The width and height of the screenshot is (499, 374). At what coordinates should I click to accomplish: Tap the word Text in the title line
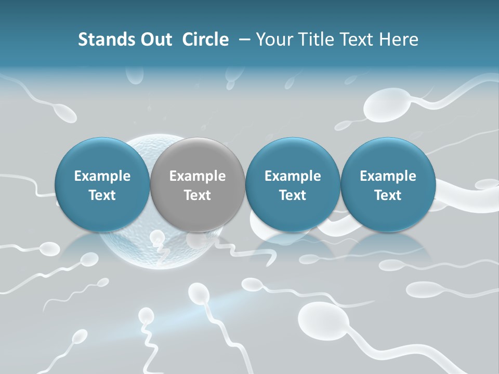358,39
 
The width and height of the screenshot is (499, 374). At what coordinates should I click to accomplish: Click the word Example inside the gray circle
198,176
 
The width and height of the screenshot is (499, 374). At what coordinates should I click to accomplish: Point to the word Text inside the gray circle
198,195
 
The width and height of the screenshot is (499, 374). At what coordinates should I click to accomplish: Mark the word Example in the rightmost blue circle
388,176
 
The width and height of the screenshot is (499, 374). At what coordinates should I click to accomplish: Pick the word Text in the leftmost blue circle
102,195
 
